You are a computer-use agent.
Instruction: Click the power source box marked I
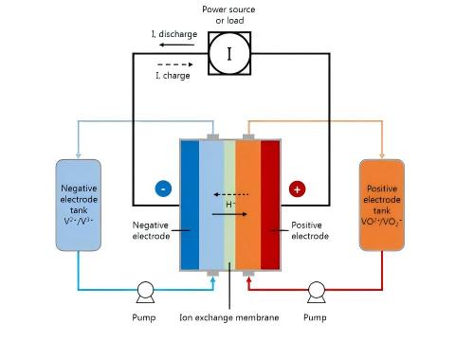pos(228,54)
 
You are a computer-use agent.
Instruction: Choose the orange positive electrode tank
pos(382,205)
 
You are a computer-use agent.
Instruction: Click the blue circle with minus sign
pos(163,189)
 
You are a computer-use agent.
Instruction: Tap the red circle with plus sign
pos(297,189)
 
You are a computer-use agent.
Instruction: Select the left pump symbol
pos(145,290)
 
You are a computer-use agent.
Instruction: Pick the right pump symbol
pos(315,290)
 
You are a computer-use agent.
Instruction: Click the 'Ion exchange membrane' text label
pos(228,317)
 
